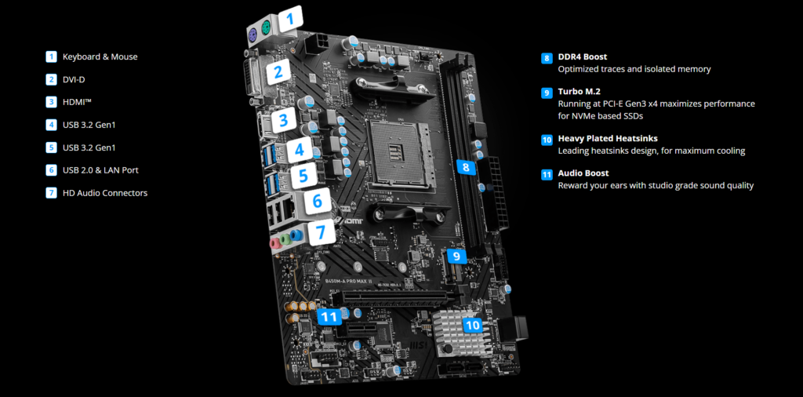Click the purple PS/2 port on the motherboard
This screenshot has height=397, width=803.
pyautogui.click(x=253, y=35)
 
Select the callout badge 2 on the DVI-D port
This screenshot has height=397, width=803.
pyautogui.click(x=278, y=73)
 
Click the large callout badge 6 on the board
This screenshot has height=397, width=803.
pyautogui.click(x=318, y=202)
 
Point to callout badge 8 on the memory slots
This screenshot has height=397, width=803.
pyautogui.click(x=465, y=166)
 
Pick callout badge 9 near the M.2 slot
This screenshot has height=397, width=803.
pyautogui.click(x=457, y=256)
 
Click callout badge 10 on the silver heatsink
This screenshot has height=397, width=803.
pyautogui.click(x=473, y=324)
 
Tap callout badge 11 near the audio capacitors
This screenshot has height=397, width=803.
pyautogui.click(x=329, y=317)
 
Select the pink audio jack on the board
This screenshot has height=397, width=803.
pyautogui.click(x=275, y=242)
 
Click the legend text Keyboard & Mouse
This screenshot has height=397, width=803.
pyautogui.click(x=100, y=56)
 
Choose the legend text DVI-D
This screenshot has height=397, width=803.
pyautogui.click(x=73, y=79)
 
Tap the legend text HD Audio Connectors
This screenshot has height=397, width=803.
pyautogui.click(x=105, y=193)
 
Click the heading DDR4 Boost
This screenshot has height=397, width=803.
pyautogui.click(x=583, y=56)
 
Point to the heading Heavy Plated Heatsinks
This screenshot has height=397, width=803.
pyautogui.click(x=608, y=138)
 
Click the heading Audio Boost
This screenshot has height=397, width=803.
pyautogui.click(x=583, y=173)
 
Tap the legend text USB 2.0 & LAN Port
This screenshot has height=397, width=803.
pyautogui.click(x=100, y=170)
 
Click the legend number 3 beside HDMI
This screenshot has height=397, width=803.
pyautogui.click(x=51, y=102)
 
